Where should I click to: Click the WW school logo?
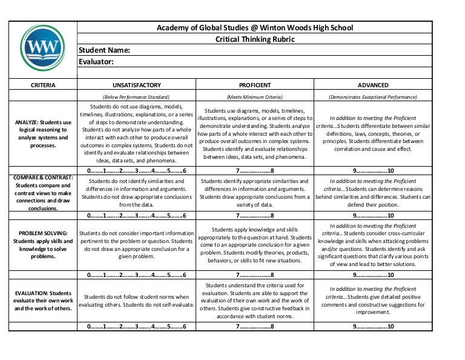42,48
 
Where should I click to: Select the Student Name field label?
105,50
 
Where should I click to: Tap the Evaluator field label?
97,62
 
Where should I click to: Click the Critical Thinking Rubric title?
255,39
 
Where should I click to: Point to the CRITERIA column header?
43,85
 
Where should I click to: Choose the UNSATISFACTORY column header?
137,85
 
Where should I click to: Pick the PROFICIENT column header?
255,85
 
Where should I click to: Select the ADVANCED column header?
373,85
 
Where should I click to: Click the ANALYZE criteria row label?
43,134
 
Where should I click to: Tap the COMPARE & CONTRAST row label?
43,193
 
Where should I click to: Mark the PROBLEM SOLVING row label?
43,244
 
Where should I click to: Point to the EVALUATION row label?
43,301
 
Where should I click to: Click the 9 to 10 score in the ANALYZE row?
373,171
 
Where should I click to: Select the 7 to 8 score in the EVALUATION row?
255,326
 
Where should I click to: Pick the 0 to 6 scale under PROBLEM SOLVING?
137,275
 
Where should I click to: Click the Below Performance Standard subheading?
137,97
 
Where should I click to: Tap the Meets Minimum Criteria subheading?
255,97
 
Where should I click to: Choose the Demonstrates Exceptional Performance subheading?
373,97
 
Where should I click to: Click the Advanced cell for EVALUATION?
373,301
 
